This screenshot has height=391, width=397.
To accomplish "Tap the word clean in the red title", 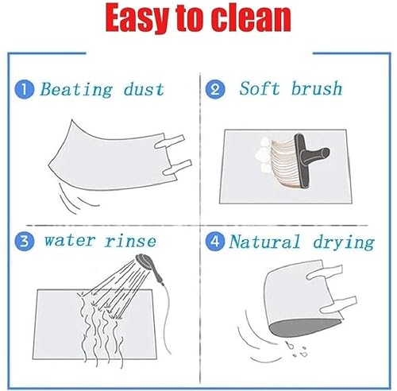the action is [x=252, y=18].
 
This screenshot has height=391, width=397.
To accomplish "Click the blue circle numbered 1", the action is [x=25, y=90].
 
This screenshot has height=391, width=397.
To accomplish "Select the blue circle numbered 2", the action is [x=215, y=90].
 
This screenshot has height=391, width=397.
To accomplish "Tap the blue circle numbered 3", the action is [x=25, y=242].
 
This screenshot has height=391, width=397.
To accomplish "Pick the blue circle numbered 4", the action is [x=215, y=242].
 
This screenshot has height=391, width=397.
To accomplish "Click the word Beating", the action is [x=76, y=90].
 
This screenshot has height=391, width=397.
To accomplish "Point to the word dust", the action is [x=144, y=89].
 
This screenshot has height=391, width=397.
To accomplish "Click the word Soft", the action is [x=260, y=88].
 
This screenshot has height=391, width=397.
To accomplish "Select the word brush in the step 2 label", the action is [x=317, y=88].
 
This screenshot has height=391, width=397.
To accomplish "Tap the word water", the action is [x=70, y=241].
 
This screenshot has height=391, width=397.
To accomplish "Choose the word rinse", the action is [x=130, y=241].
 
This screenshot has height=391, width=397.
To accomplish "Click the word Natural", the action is [x=264, y=242].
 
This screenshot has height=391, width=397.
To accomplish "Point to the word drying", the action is [x=344, y=242].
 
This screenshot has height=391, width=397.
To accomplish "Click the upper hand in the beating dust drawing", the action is [x=169, y=141].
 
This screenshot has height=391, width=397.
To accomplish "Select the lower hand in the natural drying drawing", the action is [x=338, y=304].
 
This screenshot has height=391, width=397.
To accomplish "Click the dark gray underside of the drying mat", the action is [x=302, y=328].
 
